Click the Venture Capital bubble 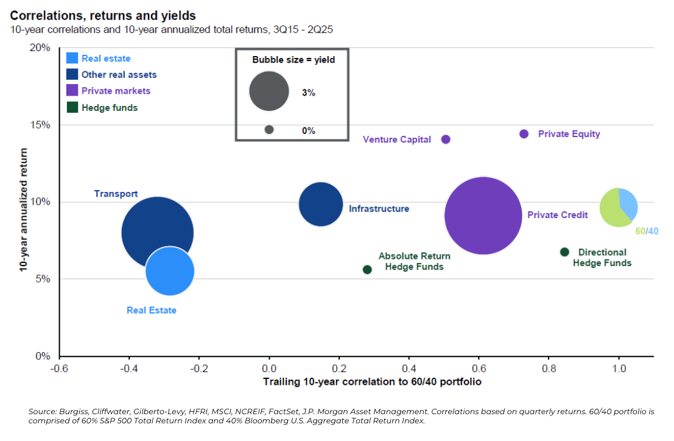tap(446, 139)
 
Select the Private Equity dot tap(524, 134)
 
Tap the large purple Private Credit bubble tap(483, 216)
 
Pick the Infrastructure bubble tap(321, 204)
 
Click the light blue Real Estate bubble tap(170, 271)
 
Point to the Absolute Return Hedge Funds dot tap(367, 269)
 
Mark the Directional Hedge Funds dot tap(564, 252)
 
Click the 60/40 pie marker tap(619, 208)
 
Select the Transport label tap(116, 194)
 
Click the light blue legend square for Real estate tap(72, 58)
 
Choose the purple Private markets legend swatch tap(72, 91)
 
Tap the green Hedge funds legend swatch tap(72, 107)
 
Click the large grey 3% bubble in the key tap(269, 91)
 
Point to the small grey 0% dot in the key tap(269, 130)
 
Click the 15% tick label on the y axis tap(40, 125)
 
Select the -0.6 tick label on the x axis tap(59, 369)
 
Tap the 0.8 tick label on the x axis tap(549, 369)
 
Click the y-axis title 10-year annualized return tap(23, 202)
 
